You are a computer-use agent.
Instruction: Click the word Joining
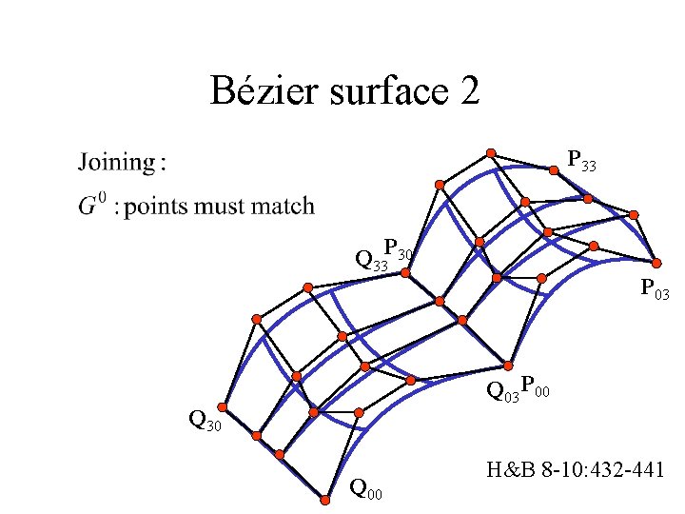(x=119, y=163)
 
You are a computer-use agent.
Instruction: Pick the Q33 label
(x=369, y=260)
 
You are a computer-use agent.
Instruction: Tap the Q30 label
(x=205, y=419)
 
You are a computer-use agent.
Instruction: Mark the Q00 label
(x=366, y=490)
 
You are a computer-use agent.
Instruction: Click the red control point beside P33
(x=554, y=171)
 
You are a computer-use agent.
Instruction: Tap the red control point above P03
(x=656, y=262)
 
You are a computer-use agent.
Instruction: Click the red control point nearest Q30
(x=225, y=405)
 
